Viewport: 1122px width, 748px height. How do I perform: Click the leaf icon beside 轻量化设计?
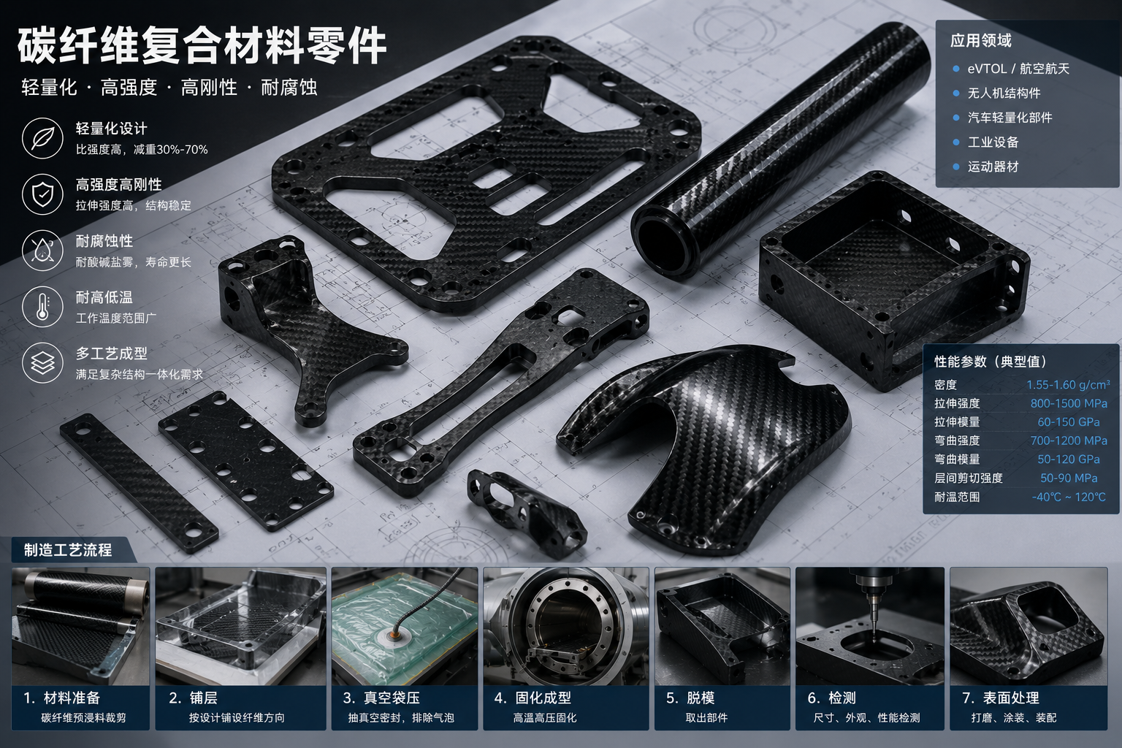[x=42, y=138]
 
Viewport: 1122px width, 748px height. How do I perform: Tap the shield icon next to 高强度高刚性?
[x=42, y=194]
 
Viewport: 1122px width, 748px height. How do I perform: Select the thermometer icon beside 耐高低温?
[x=42, y=307]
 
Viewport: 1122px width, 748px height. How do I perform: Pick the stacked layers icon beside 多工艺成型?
[x=42, y=363]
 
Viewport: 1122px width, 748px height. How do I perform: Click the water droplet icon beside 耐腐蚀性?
[x=42, y=251]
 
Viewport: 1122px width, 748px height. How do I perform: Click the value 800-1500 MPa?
[x=1069, y=403]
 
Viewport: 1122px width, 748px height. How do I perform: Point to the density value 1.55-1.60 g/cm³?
[x=1068, y=384]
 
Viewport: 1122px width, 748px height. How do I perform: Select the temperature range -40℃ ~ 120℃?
[x=1069, y=497]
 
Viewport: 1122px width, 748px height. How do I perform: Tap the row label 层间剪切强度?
[x=968, y=478]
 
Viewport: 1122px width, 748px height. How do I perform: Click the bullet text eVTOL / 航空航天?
[x=1018, y=69]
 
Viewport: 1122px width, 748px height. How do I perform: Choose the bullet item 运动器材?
[x=993, y=167]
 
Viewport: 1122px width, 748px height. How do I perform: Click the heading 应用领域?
[x=981, y=41]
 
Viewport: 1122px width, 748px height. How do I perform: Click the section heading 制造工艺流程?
[x=68, y=550]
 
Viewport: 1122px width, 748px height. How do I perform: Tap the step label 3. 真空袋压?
[x=381, y=698]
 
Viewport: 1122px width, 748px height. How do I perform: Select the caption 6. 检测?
[x=831, y=698]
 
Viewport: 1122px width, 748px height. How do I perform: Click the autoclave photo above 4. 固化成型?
[x=566, y=626]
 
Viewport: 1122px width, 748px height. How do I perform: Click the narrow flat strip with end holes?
[x=139, y=483]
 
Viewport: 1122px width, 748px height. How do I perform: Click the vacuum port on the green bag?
[x=393, y=636]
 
